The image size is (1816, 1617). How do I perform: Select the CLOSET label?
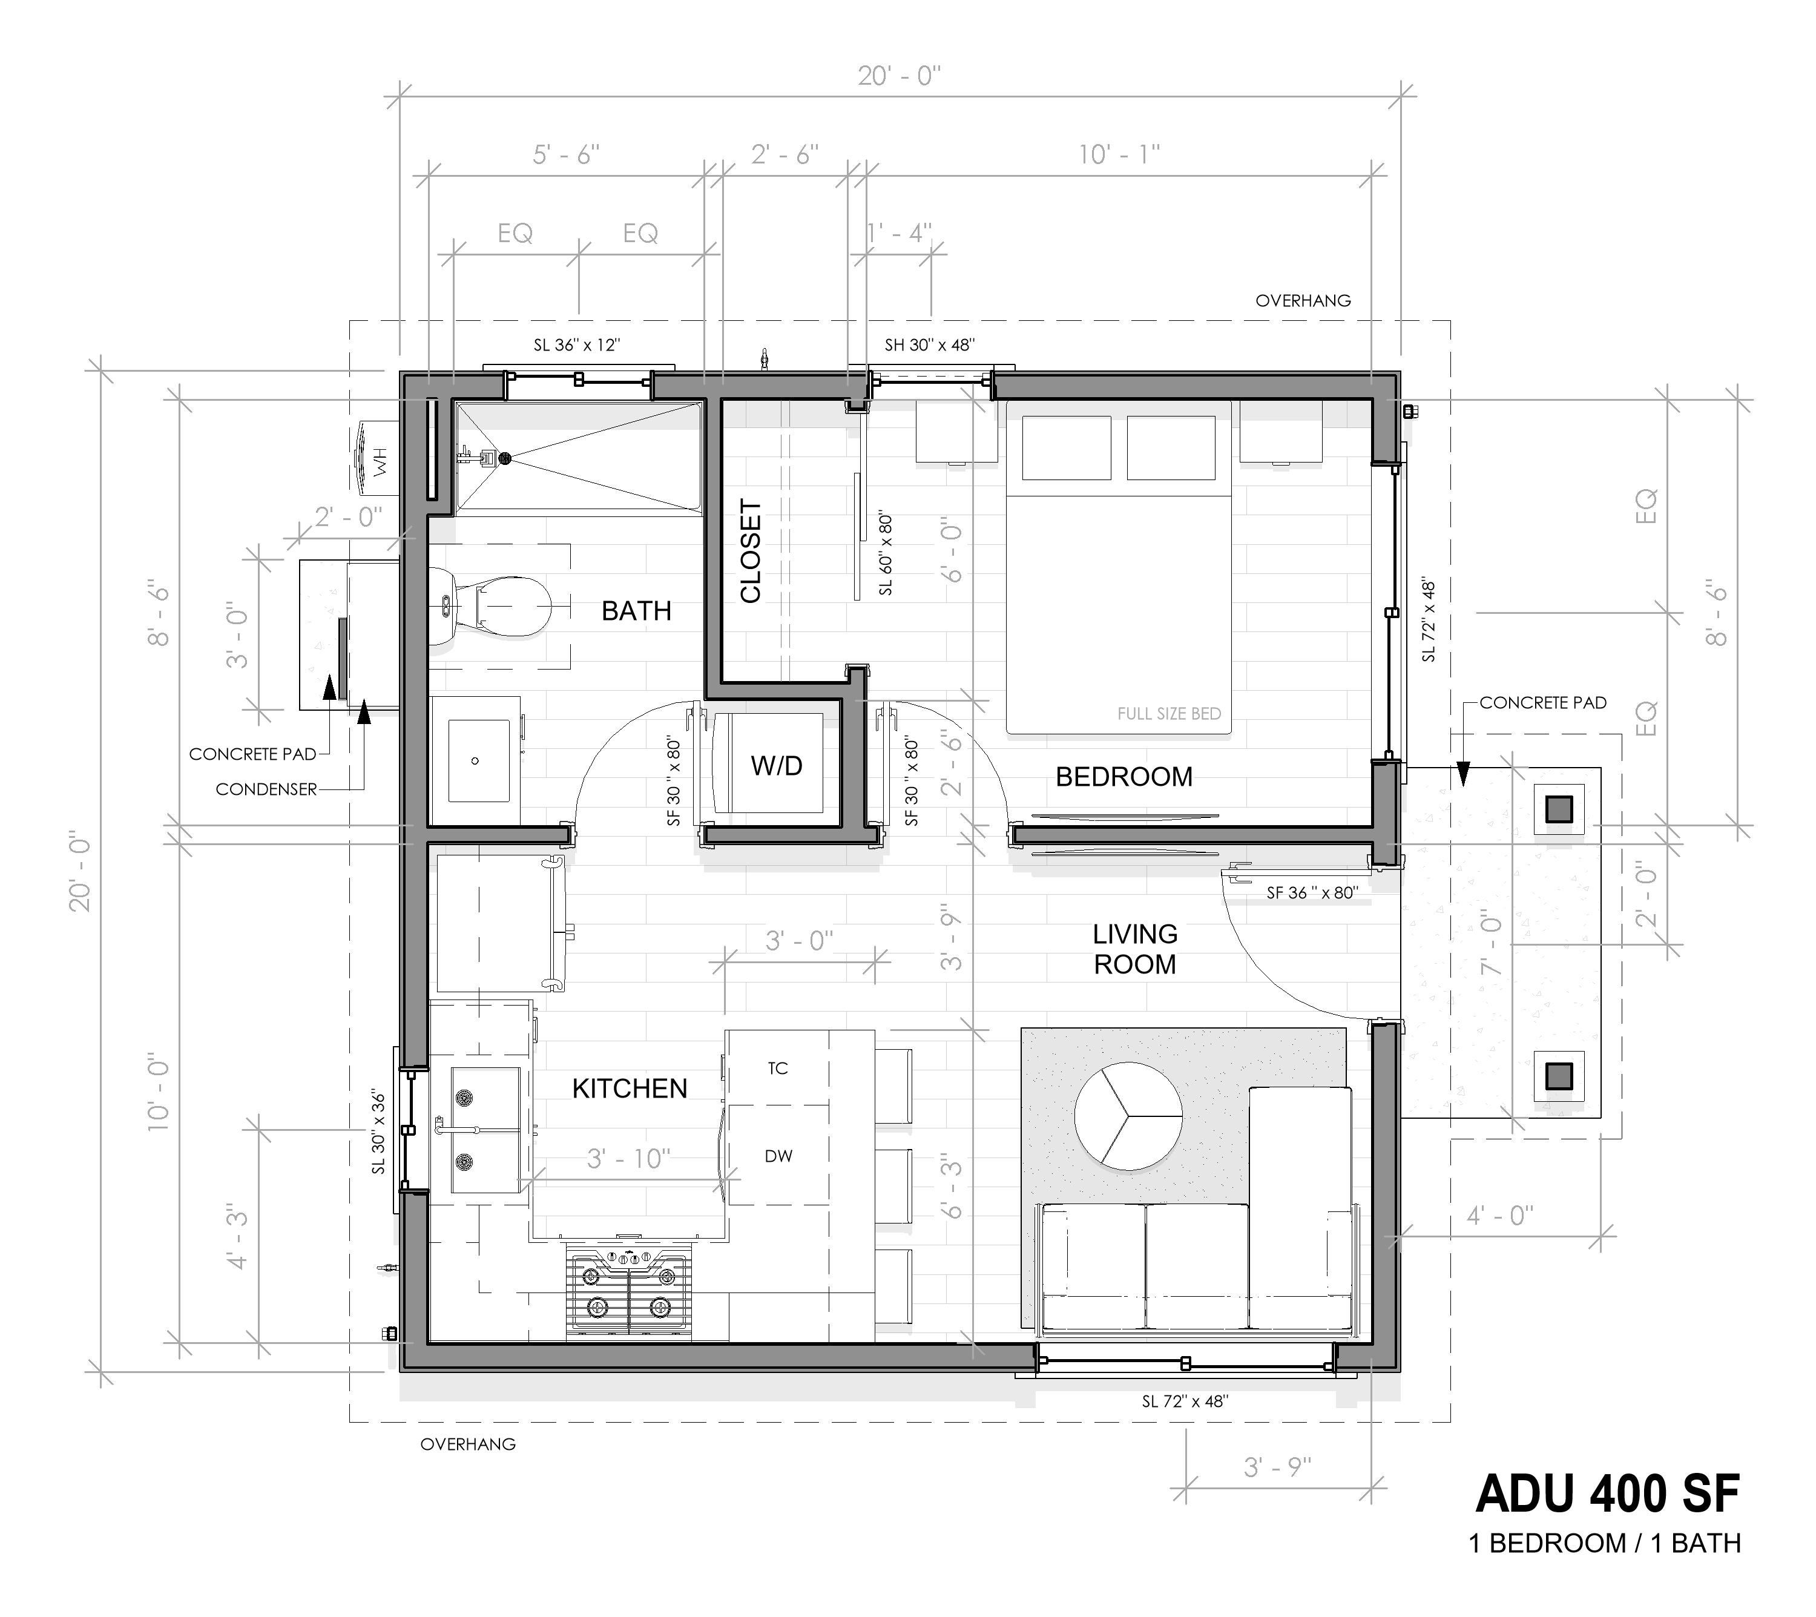click(751, 552)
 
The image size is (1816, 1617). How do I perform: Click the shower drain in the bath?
click(505, 458)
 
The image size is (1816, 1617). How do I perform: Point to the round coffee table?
click(1128, 1116)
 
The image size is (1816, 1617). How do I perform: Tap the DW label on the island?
click(778, 1156)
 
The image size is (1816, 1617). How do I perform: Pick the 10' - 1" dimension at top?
click(1119, 156)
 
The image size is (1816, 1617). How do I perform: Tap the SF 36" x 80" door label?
click(1311, 893)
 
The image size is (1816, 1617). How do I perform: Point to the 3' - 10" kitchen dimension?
click(628, 1159)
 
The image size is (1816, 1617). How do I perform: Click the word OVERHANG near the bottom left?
click(467, 1444)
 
